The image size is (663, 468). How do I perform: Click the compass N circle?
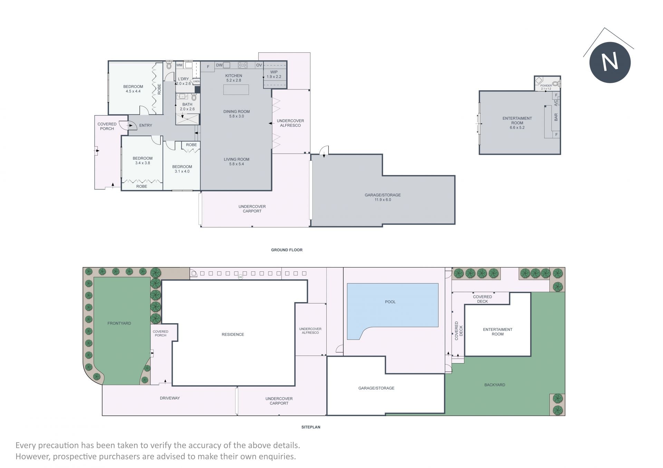click(610, 62)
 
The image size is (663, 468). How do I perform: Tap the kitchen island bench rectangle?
click(236, 90)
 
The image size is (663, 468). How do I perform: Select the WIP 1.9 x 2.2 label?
click(274, 74)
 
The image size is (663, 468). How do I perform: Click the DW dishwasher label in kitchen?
click(219, 65)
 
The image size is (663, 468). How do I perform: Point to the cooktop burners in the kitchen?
click(243, 65)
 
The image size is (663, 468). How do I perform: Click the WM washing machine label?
click(179, 65)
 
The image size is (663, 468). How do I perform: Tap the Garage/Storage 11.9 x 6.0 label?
click(383, 197)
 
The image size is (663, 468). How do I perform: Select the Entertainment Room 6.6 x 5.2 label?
click(517, 123)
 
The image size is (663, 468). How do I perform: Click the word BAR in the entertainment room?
click(556, 117)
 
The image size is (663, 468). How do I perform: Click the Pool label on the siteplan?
click(390, 302)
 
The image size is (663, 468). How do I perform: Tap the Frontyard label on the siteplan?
click(119, 323)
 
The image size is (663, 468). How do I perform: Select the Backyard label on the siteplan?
click(494, 385)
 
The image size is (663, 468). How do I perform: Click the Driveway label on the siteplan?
click(170, 398)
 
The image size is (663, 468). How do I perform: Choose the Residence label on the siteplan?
click(233, 335)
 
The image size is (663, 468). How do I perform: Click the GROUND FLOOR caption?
click(287, 250)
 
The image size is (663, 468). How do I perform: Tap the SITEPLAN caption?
click(311, 427)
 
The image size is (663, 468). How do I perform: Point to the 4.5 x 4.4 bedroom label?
click(133, 91)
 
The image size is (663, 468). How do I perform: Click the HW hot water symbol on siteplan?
click(240, 277)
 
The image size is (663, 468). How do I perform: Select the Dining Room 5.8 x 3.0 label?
click(237, 114)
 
